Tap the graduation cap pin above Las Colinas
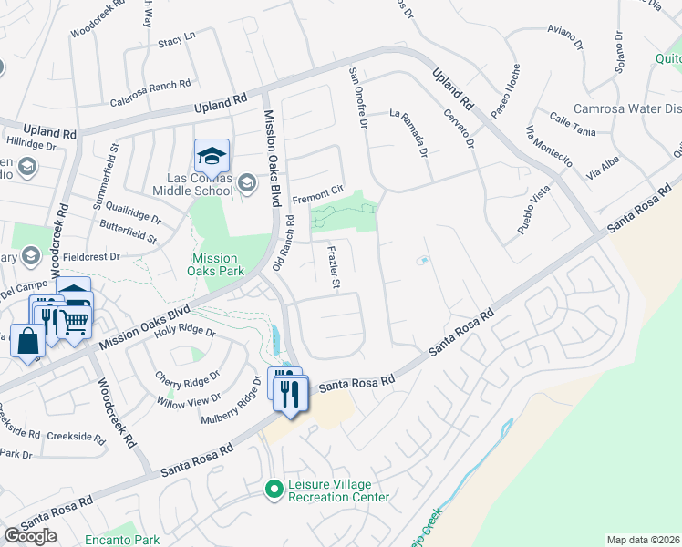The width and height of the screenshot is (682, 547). (212, 157)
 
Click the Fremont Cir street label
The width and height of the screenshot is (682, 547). (316, 193)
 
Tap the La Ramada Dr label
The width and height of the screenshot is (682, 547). (408, 133)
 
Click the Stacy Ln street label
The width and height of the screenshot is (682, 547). (177, 40)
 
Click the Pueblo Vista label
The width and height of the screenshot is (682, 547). (534, 212)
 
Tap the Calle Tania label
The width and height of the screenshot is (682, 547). (572, 125)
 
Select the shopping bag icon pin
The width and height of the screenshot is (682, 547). (27, 341)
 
